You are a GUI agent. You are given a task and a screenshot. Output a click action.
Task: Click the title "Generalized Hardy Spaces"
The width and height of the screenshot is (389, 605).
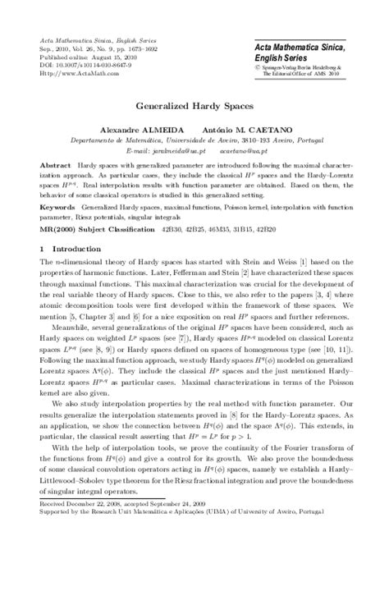click(194, 107)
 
